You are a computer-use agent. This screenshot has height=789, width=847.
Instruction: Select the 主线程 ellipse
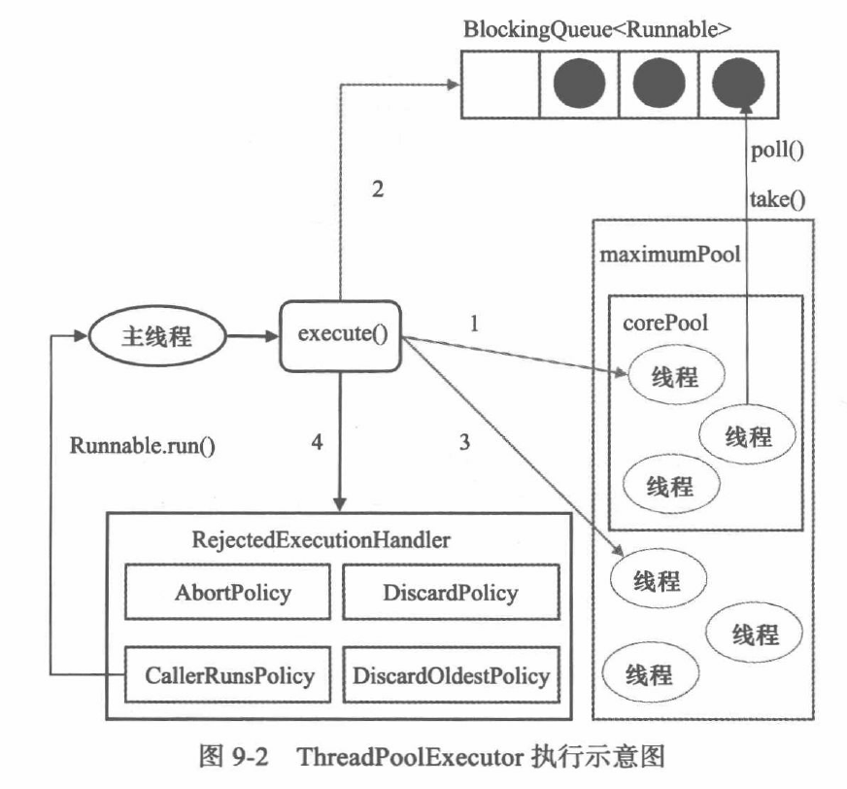[x=156, y=337]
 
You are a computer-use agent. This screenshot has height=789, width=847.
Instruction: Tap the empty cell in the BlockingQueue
[x=499, y=85]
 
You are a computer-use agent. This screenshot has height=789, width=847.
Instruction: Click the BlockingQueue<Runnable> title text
[x=596, y=28]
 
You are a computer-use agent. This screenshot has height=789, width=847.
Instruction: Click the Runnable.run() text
[x=142, y=446]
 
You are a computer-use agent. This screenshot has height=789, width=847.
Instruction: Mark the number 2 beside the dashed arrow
[x=380, y=189]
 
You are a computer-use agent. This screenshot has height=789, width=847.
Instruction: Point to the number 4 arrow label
[x=315, y=442]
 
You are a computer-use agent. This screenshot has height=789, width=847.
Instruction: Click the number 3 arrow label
[x=464, y=443]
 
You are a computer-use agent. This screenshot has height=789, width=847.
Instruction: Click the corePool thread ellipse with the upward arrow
[x=747, y=436]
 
